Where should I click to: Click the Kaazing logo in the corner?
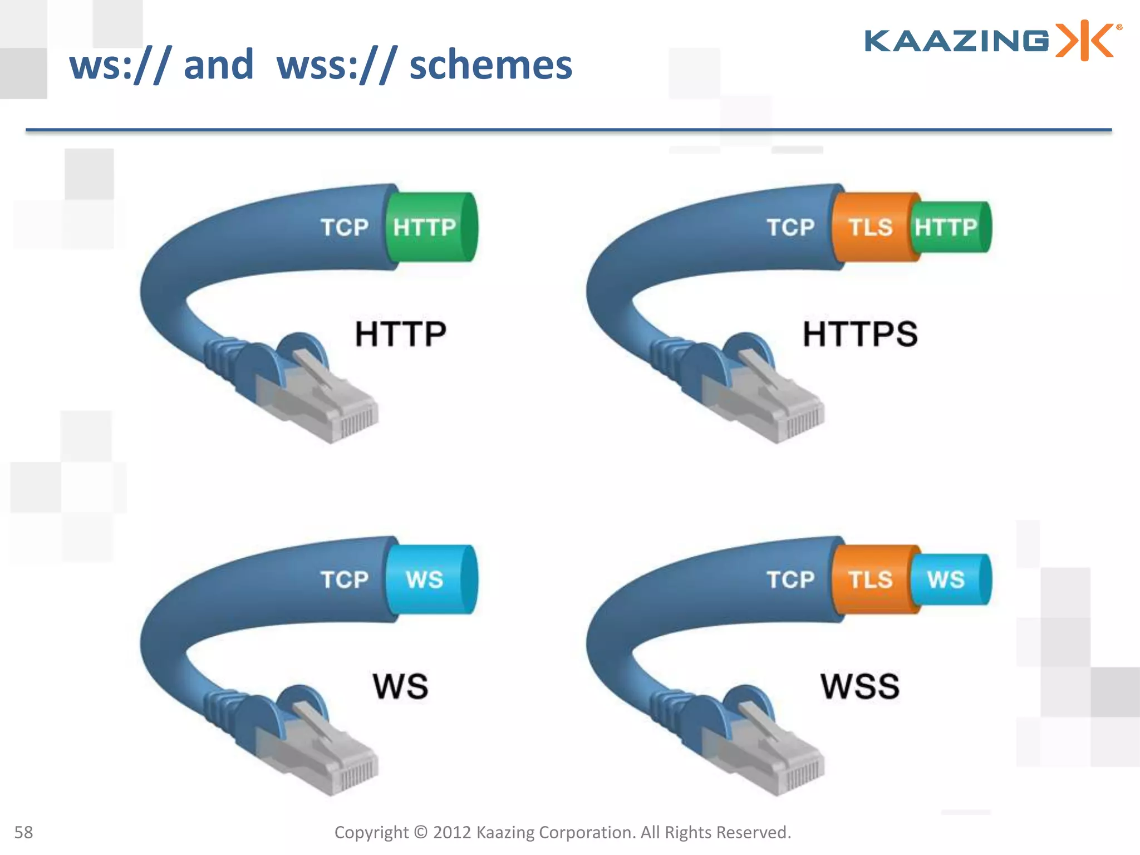[x=992, y=41]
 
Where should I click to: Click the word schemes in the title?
[x=490, y=65]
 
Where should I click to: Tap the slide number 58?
[x=23, y=832]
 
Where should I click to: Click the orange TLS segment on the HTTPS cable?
[x=871, y=227]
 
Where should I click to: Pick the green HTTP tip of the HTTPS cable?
[x=949, y=227]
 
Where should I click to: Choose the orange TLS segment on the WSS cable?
[x=871, y=579]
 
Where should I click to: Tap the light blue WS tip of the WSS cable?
[x=949, y=579]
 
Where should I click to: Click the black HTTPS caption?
[x=860, y=334]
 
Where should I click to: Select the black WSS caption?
[x=860, y=686]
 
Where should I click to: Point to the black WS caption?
[x=401, y=686]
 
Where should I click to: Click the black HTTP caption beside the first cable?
[x=401, y=334]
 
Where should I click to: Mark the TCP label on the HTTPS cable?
[x=790, y=227]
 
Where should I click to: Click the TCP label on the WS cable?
[x=345, y=579]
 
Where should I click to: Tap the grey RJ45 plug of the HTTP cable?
[x=328, y=401]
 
